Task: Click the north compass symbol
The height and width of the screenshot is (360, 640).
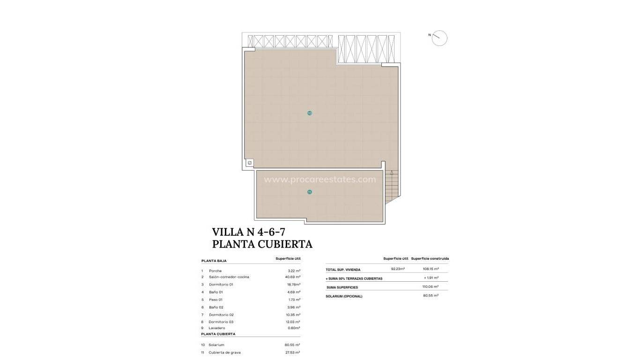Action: click(439, 38)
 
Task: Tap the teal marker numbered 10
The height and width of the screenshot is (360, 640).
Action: click(310, 113)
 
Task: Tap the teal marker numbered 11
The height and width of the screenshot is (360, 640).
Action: click(310, 192)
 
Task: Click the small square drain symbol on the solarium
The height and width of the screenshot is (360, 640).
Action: click(250, 163)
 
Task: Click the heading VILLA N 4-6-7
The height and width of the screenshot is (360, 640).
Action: click(249, 232)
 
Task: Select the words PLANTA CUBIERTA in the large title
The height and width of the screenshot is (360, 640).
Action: click(262, 244)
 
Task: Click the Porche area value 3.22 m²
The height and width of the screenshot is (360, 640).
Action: click(294, 271)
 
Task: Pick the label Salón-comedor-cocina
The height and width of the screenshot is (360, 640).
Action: click(229, 277)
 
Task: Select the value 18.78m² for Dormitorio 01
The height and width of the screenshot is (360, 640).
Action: click(294, 285)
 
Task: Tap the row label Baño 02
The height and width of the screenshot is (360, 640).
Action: click(216, 307)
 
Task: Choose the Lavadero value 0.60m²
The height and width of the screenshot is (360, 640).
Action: click(294, 328)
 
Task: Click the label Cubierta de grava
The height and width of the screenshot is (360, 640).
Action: click(225, 352)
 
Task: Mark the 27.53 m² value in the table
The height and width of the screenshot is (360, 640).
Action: click(293, 352)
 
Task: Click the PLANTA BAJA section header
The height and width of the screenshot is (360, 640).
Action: click(214, 261)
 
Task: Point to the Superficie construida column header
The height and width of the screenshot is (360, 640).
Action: click(430, 258)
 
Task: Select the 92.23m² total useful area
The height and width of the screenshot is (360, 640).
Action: click(398, 269)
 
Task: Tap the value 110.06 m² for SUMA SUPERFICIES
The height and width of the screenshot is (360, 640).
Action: click(431, 286)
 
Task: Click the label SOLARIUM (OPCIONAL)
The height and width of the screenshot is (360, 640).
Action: click(344, 296)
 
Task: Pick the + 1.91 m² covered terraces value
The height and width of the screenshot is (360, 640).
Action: click(431, 278)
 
